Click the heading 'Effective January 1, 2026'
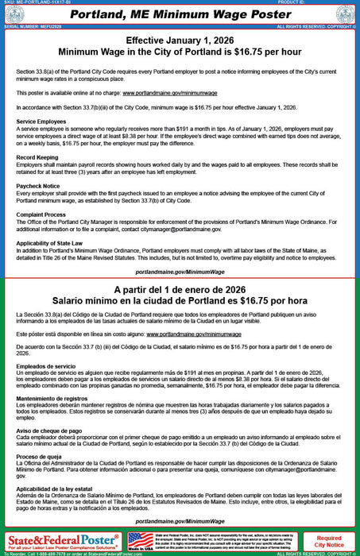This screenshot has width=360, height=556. (180, 41)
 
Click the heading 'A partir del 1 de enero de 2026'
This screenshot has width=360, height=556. (180, 291)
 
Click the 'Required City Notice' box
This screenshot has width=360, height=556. (329, 541)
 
